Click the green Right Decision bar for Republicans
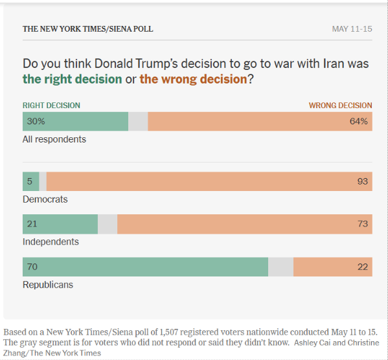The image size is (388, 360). (x=145, y=267)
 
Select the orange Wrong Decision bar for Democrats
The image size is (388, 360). (x=209, y=181)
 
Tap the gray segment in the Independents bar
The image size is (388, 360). (x=108, y=224)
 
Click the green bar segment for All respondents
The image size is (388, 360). (x=76, y=121)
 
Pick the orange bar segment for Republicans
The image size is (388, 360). (x=333, y=267)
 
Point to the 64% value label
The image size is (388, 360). (x=359, y=121)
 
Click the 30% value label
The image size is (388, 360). (x=36, y=121)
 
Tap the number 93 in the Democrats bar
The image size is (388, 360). (x=363, y=181)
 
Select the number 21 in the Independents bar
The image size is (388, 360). (x=32, y=224)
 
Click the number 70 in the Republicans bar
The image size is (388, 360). (x=32, y=267)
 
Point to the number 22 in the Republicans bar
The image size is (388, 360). (x=363, y=267)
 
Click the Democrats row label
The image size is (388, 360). (x=45, y=199)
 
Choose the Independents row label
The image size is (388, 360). (x=51, y=242)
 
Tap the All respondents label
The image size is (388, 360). (x=54, y=139)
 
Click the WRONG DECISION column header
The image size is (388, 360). (x=340, y=106)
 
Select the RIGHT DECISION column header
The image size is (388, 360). (x=51, y=106)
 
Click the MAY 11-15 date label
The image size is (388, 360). (x=352, y=29)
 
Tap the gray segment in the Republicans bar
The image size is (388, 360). (x=280, y=267)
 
